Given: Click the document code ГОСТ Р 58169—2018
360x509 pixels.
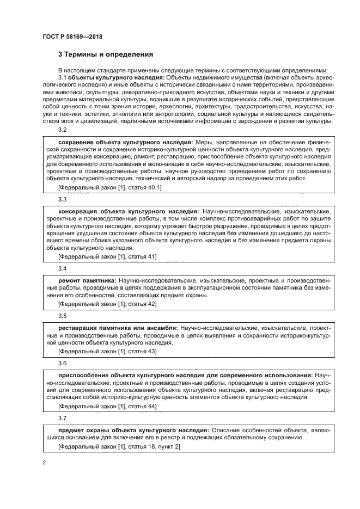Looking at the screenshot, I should (x=72, y=37).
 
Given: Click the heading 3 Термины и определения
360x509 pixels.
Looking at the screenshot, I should (x=106, y=54).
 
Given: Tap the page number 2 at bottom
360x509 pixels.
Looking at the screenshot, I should (x=44, y=463).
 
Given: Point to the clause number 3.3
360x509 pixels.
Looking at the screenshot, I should (x=62, y=199).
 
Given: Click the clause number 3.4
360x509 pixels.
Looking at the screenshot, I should (x=62, y=268).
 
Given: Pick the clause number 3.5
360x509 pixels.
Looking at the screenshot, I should (x=62, y=316).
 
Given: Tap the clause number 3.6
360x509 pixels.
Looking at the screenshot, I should (x=62, y=363).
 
